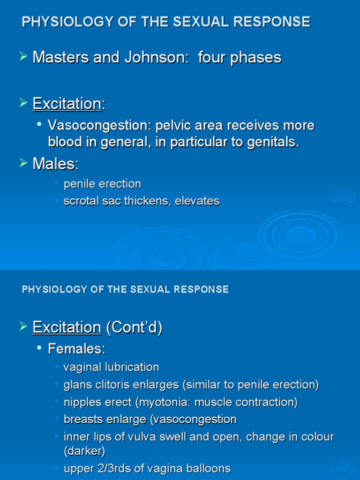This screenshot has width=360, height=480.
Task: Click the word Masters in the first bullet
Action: (x=60, y=58)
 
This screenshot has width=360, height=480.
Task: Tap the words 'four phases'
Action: (x=240, y=58)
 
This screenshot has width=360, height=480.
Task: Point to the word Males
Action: (x=54, y=164)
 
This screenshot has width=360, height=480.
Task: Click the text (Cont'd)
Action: (x=134, y=328)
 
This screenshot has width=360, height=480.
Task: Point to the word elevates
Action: (x=197, y=201)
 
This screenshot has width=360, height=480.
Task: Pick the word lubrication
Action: (x=130, y=367)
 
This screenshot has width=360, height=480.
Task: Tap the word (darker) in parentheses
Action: (x=84, y=451)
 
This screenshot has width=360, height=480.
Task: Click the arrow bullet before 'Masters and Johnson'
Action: (x=23, y=57)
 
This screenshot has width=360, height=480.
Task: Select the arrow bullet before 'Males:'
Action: (x=23, y=163)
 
